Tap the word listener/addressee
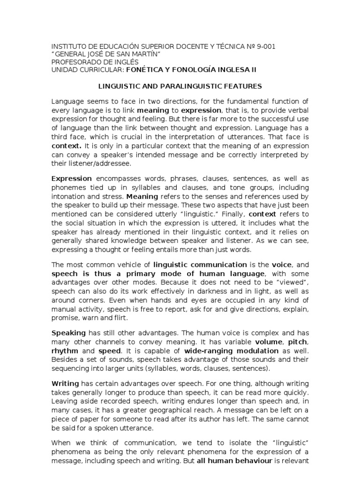tap(99, 164)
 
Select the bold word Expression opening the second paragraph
tap(71, 179)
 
